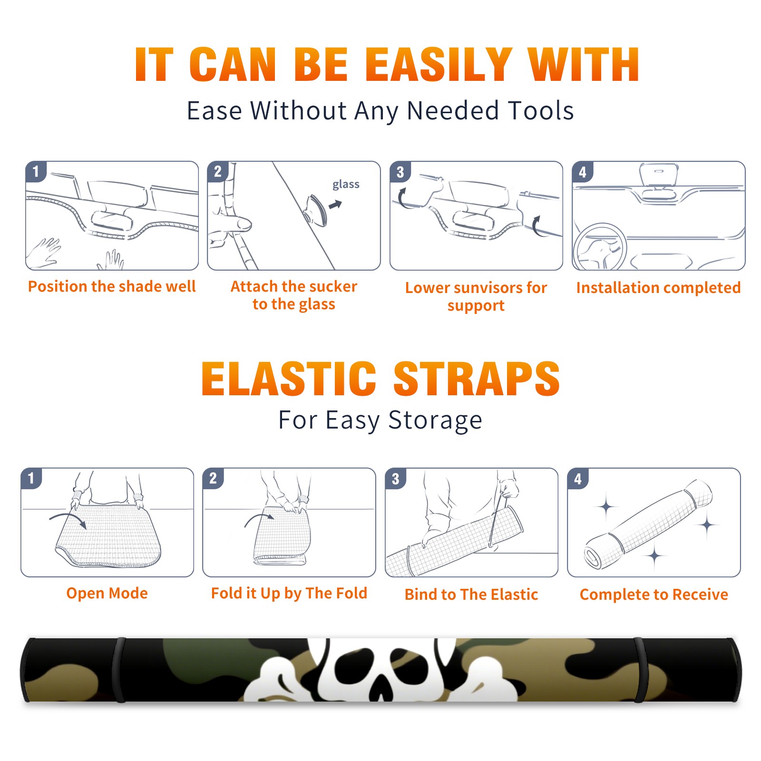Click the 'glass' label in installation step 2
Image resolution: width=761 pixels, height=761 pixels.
[x=346, y=185]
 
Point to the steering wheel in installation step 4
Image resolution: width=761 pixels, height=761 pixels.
[x=600, y=246]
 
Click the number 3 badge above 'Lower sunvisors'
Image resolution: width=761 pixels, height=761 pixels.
[x=400, y=172]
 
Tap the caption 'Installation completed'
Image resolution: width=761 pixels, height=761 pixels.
[x=658, y=288]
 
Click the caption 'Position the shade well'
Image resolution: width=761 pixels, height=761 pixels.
[x=112, y=286]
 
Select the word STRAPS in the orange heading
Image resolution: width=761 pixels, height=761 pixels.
[x=477, y=379]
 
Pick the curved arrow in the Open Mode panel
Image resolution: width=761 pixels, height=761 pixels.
[x=68, y=519]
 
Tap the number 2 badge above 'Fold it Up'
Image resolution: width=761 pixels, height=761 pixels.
[x=213, y=478]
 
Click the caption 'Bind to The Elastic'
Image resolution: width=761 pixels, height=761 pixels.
[x=471, y=595]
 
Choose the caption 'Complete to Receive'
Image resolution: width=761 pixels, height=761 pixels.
[x=654, y=595]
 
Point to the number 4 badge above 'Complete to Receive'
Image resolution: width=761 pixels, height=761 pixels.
[x=578, y=478]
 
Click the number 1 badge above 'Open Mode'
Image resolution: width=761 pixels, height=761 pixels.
[x=31, y=478]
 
